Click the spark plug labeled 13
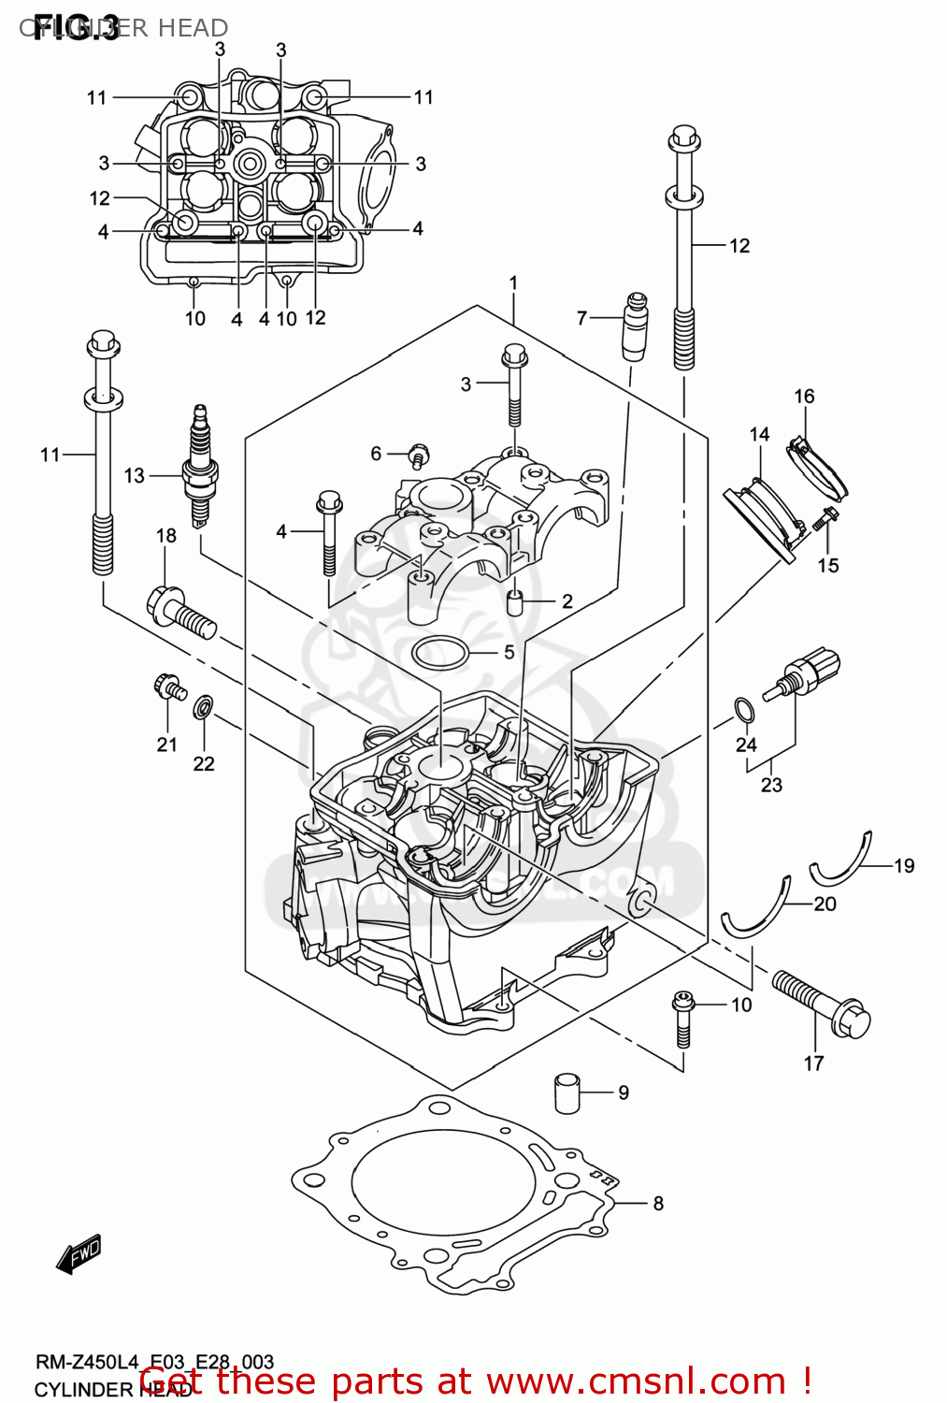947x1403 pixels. [x=198, y=468]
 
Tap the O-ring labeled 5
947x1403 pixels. [x=439, y=652]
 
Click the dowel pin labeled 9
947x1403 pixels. [x=567, y=1092]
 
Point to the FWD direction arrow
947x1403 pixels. [x=79, y=1253]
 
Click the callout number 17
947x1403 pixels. [x=813, y=1063]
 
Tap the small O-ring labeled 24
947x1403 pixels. [x=743, y=712]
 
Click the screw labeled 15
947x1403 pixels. [x=825, y=519]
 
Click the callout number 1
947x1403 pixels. [x=513, y=282]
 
